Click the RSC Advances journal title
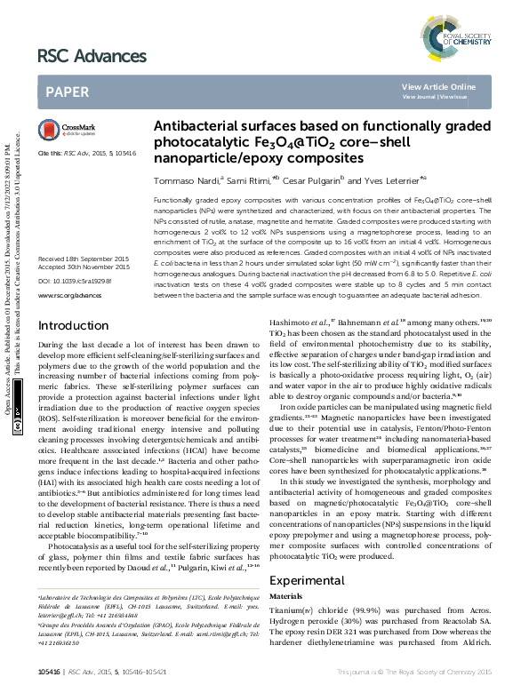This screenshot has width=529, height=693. (91, 56)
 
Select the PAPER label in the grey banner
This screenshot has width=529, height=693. (67, 92)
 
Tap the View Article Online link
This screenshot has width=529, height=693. (438, 86)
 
